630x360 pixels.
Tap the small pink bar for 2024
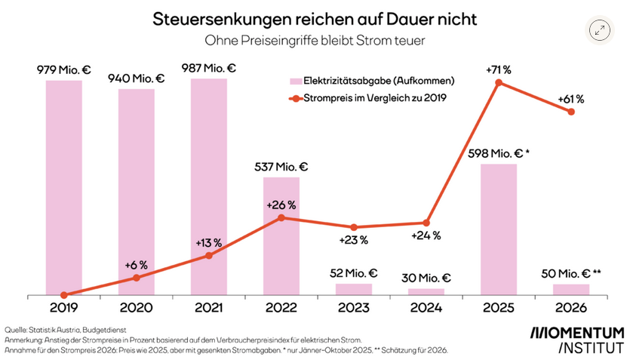click(426, 291)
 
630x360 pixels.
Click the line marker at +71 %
click(499, 82)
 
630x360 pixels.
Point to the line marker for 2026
click(571, 112)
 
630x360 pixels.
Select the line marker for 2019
click(64, 295)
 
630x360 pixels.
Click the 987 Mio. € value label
click(208, 69)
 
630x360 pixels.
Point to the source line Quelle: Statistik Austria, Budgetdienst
click(65, 330)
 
